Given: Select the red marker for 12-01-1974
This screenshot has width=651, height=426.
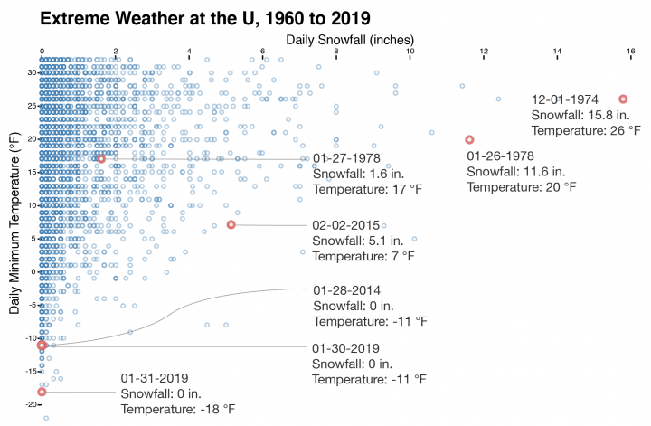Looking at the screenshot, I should click(623, 99).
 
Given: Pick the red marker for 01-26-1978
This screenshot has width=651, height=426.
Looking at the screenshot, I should click(469, 139).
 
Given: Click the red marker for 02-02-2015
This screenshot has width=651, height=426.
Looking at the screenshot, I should click(231, 224).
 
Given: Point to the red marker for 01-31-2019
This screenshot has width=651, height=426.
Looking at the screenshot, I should click(42, 392).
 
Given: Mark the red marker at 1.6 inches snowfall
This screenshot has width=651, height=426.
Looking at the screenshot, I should click(101, 159).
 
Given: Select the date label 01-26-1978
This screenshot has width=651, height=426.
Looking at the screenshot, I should click(501, 156).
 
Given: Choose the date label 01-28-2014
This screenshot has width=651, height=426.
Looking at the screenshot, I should click(347, 290).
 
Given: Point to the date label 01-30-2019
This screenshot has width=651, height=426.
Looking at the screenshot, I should click(345, 347).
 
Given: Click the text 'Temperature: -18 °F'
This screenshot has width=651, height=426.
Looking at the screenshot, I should click(177, 409).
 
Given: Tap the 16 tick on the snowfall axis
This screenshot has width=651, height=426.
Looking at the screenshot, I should click(630, 52).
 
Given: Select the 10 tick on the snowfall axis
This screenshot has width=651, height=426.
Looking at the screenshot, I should click(410, 52).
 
